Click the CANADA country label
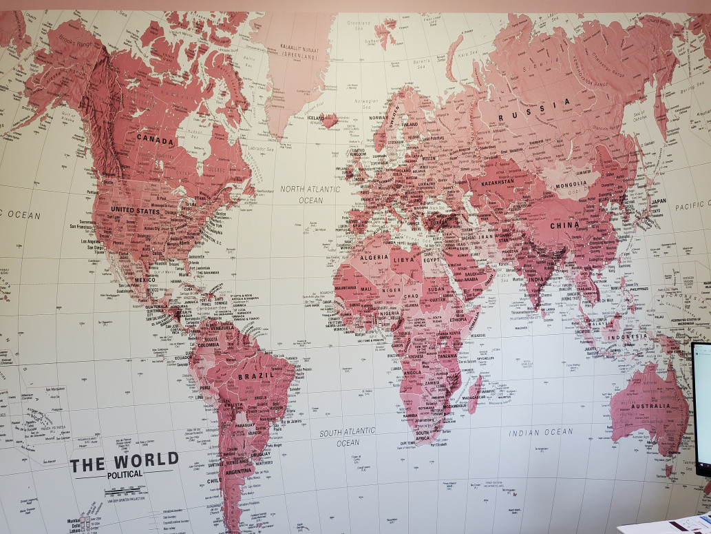click(155, 138)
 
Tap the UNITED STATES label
click(135, 210)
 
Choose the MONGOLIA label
click(571, 185)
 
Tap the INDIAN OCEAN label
click(541, 432)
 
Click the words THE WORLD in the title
click(124, 461)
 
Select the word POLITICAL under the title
click(125, 474)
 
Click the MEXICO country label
click(145, 280)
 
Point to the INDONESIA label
click(627, 336)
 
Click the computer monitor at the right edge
click(702, 407)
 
